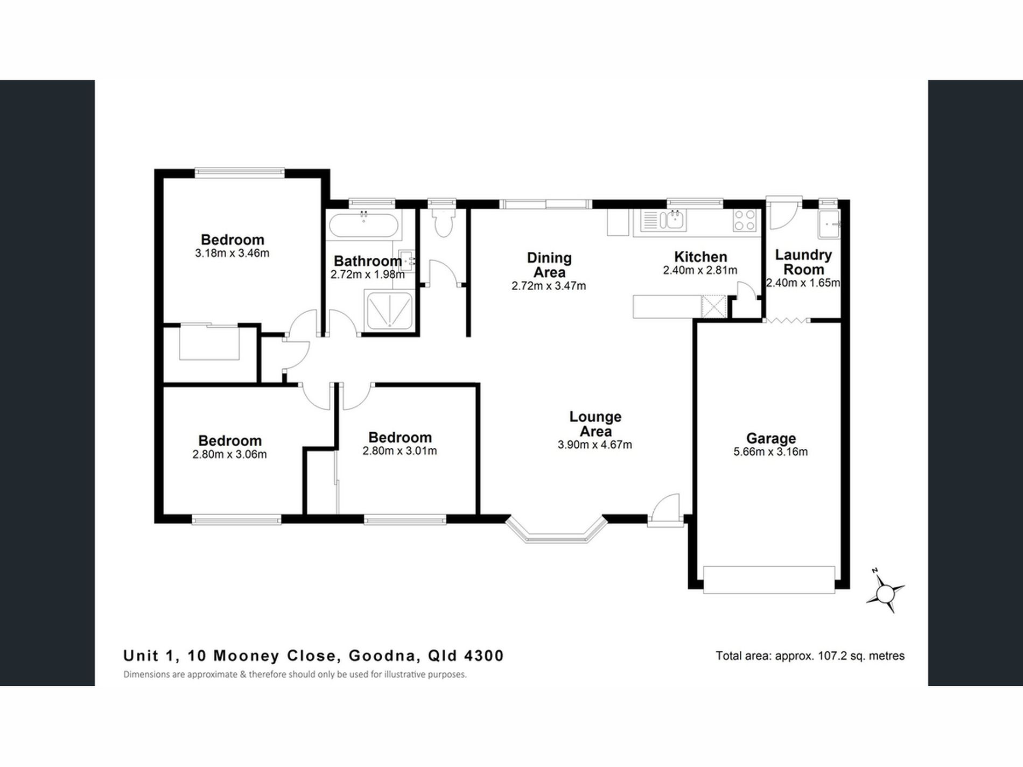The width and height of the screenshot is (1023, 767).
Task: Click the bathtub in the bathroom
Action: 364,226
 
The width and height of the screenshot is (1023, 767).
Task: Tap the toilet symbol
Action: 444,223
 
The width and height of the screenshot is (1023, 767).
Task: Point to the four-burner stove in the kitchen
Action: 745,220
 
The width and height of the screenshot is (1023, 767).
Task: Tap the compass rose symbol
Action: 885,593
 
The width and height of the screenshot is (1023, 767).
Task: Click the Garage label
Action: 770,438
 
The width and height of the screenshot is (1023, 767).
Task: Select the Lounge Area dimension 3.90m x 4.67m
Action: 594,445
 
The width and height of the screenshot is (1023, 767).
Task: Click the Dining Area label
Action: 549,265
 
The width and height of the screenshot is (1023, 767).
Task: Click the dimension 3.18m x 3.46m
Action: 232,254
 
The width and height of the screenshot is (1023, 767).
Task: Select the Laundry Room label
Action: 803,262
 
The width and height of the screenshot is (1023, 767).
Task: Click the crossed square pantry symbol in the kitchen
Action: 714,307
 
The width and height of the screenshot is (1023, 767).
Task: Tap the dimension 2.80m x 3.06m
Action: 229,455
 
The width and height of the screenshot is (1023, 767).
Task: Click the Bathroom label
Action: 367,261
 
